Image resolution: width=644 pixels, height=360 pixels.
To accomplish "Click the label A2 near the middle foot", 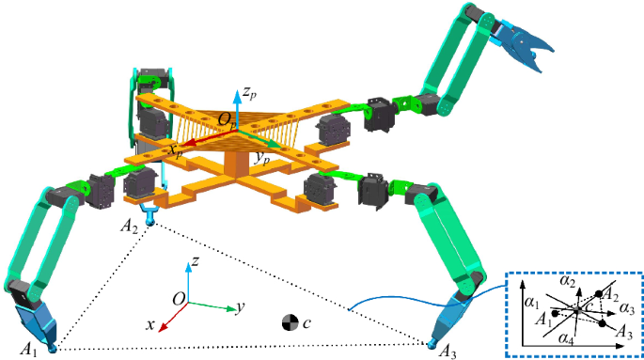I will pyautogui.click(x=129, y=227).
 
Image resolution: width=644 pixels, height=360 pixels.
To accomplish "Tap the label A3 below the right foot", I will pyautogui.click(x=448, y=352).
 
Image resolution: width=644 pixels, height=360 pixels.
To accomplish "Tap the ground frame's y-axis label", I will pyautogui.click(x=242, y=306).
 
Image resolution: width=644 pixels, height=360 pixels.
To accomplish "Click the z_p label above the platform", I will pyautogui.click(x=248, y=92).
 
